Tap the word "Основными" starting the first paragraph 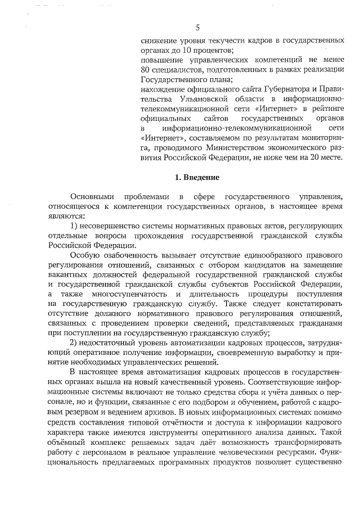(92, 196)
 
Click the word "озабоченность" (123, 255)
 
